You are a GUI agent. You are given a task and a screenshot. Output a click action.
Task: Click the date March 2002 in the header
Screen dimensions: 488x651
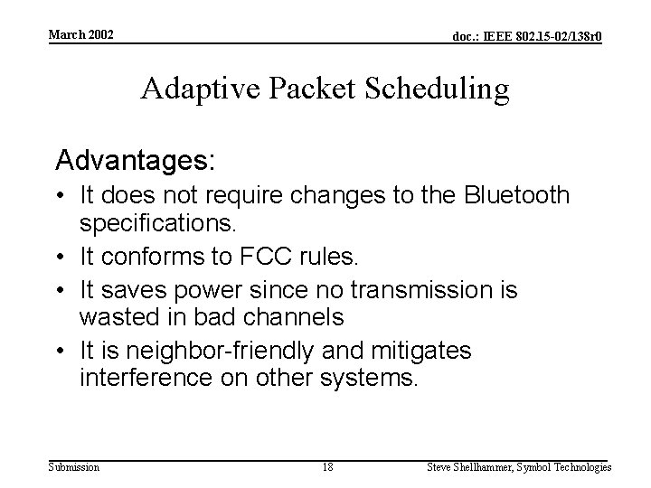[81, 34]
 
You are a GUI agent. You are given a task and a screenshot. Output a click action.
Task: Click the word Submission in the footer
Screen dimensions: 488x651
[75, 467]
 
